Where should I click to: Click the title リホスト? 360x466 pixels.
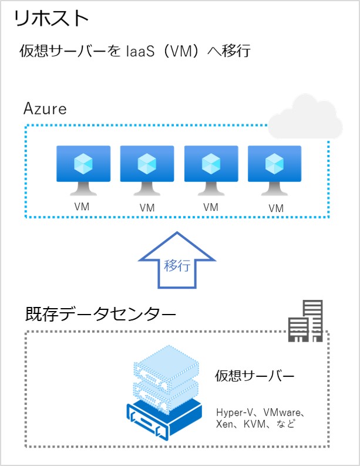51,18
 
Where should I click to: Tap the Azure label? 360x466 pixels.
45,109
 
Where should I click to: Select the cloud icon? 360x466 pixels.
305,117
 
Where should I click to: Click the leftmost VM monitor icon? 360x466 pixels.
83,170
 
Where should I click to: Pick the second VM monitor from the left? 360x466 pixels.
147,170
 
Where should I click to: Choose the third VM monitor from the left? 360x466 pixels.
211,170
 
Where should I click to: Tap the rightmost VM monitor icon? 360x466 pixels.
274,170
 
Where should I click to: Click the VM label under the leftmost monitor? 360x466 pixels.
82,207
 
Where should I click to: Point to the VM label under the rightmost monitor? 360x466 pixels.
276,208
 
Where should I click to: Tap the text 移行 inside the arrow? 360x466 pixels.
177,265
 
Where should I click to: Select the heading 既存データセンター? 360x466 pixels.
100,314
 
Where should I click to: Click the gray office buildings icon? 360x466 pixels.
305,321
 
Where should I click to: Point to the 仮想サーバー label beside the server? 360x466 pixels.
254,376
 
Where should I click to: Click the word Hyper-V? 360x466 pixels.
234,413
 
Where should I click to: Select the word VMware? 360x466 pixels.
282,412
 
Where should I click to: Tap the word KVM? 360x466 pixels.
254,424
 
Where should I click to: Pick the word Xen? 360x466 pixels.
224,424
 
